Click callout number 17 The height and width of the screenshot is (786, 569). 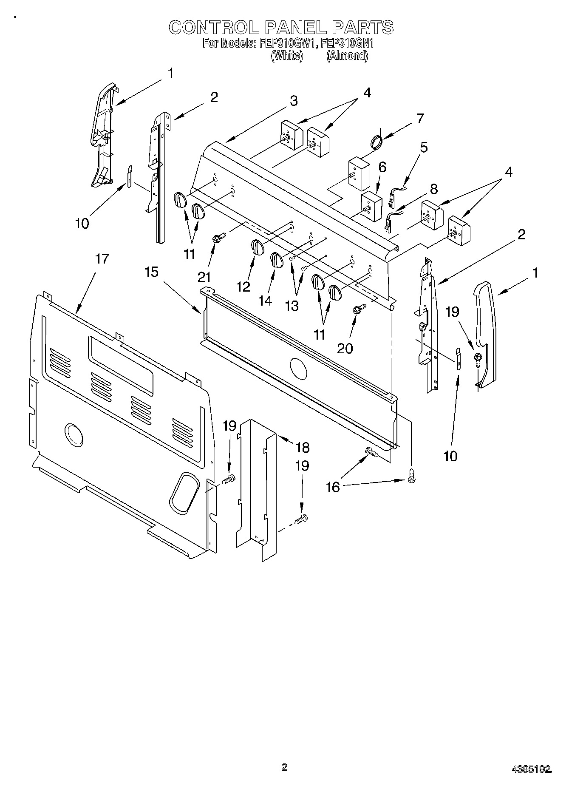tap(102, 258)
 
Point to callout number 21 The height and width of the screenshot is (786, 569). tap(204, 277)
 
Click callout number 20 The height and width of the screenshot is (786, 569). tap(345, 348)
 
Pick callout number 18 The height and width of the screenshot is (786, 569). tap(303, 448)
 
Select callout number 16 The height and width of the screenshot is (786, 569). tap(333, 487)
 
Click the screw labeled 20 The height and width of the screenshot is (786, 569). tap(357, 309)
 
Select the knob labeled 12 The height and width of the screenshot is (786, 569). tap(256, 247)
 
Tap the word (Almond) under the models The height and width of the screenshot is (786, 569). tap(347, 56)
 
